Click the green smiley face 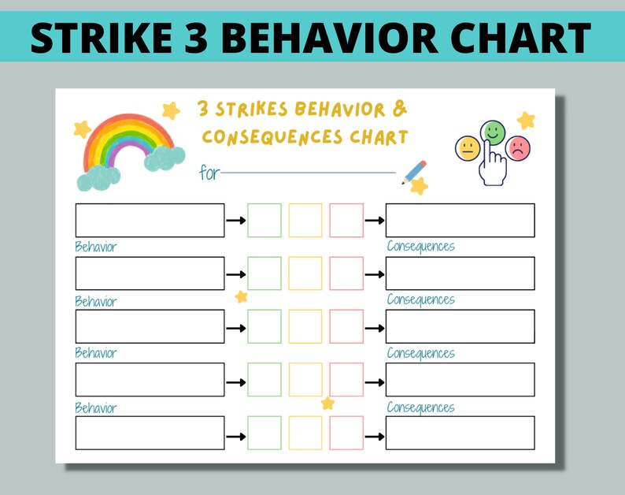tap(493, 132)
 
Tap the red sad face tap(518, 148)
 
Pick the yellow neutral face tap(468, 148)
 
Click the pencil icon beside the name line tap(414, 172)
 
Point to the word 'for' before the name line tap(209, 173)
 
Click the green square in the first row tap(264, 220)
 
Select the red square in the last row tap(346, 433)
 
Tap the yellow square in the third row tap(305, 326)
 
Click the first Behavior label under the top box tap(95, 247)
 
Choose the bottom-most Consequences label tap(420, 408)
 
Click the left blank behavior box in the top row tap(150, 220)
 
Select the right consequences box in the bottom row tap(460, 433)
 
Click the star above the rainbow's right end tap(170, 110)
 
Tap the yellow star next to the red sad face tap(526, 121)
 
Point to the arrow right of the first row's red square tap(375, 220)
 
